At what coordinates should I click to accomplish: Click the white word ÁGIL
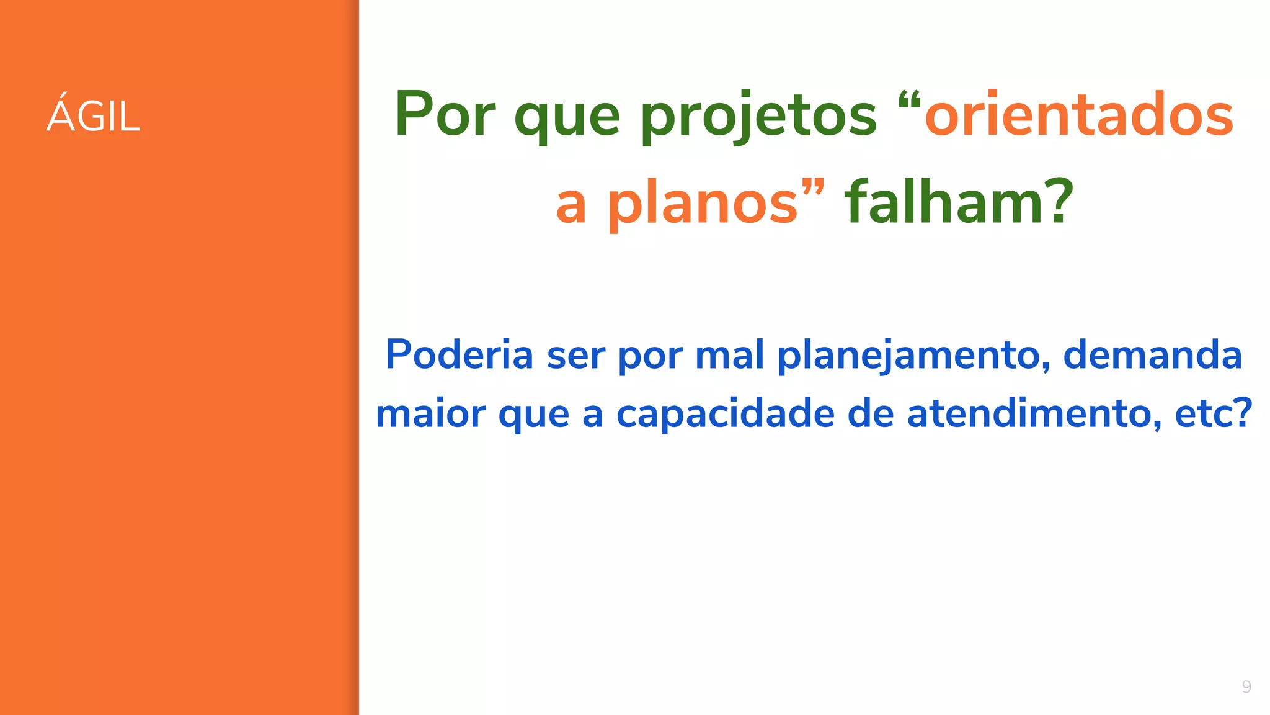pos(94,115)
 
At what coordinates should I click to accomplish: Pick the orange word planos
pos(703,204)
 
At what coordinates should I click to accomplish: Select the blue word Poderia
pos(459,354)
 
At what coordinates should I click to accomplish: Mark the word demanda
pos(1152,354)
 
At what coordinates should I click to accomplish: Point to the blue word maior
pos(431,414)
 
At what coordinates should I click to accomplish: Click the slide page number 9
pos(1246,686)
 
